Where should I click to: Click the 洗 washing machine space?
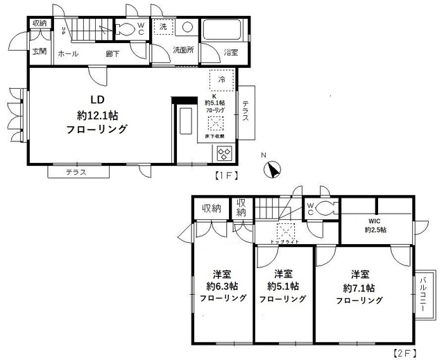click(x=162, y=27)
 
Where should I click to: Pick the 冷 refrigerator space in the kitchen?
click(x=221, y=80)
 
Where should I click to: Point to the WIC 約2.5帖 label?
click(x=376, y=225)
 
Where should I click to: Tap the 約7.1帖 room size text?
click(x=359, y=287)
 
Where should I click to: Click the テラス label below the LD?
click(x=76, y=172)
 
